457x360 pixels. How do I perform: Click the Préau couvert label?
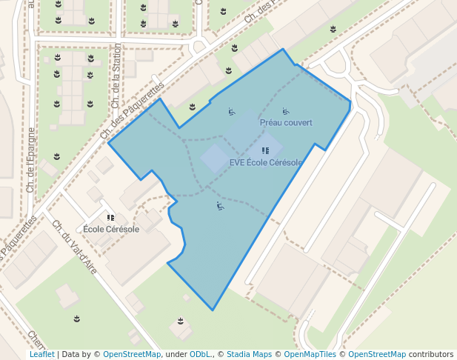286,122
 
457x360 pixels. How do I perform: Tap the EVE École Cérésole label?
265,163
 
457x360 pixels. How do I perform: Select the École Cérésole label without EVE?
111,229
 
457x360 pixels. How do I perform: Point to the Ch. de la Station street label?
116,76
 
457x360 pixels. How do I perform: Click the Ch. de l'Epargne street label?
30,160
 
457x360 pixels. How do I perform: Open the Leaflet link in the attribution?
41,354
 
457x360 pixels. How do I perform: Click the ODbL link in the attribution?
199,354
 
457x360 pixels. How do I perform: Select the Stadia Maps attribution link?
249,354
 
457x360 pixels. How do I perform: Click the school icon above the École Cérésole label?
111,218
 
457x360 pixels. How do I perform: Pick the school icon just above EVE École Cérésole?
265,151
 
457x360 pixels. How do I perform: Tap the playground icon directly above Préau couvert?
286,112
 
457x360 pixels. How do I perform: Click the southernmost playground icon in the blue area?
219,205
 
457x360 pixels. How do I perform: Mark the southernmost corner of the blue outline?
213,310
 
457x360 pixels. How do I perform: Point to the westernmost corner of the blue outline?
109,143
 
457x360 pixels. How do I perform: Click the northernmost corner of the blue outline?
283,50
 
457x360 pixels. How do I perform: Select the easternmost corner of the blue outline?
350,103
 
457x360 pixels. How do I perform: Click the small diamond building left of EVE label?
215,159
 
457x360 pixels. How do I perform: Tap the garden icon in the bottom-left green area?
77,319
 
